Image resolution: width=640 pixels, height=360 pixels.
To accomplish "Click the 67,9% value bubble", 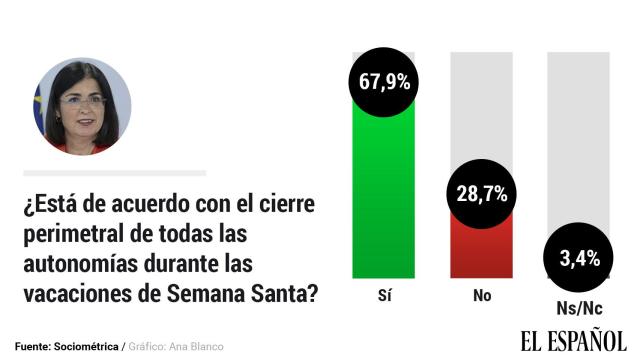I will pyautogui.click(x=385, y=82).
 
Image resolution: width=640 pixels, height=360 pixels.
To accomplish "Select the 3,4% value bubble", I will pyautogui.click(x=579, y=259).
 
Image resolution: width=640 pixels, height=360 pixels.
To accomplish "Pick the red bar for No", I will pyautogui.click(x=482, y=250).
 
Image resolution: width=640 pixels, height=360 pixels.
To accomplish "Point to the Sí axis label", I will pyautogui.click(x=385, y=296).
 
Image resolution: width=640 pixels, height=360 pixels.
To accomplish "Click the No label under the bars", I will pyautogui.click(x=482, y=296).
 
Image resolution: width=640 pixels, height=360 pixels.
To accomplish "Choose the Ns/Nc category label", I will pyautogui.click(x=579, y=308).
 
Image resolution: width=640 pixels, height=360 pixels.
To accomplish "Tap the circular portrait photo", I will pyautogui.click(x=81, y=106).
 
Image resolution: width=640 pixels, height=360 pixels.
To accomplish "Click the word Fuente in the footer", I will pyautogui.click(x=34, y=346).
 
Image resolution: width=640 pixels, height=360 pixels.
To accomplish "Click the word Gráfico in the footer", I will pyautogui.click(x=149, y=346).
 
